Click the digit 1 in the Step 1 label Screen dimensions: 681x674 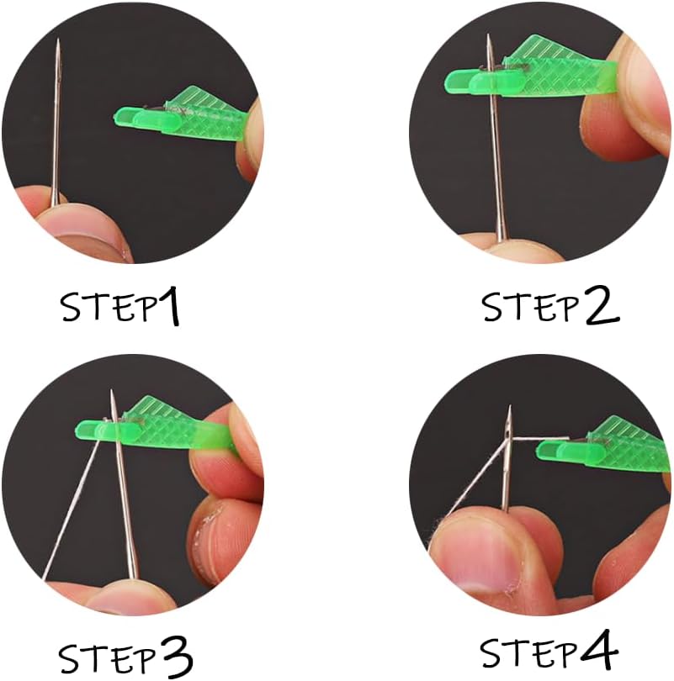tap(168, 308)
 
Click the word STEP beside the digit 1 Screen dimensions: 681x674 tap(108, 309)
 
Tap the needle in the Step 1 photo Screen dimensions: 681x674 tap(57, 126)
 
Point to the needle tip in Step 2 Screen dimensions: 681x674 tap(489, 37)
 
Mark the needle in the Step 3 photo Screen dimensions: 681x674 tap(123, 496)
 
